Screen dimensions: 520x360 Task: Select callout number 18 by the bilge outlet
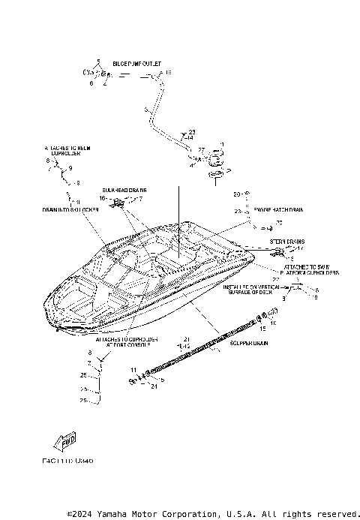coord(168,73)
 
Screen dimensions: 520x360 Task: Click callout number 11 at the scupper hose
coord(133,371)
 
